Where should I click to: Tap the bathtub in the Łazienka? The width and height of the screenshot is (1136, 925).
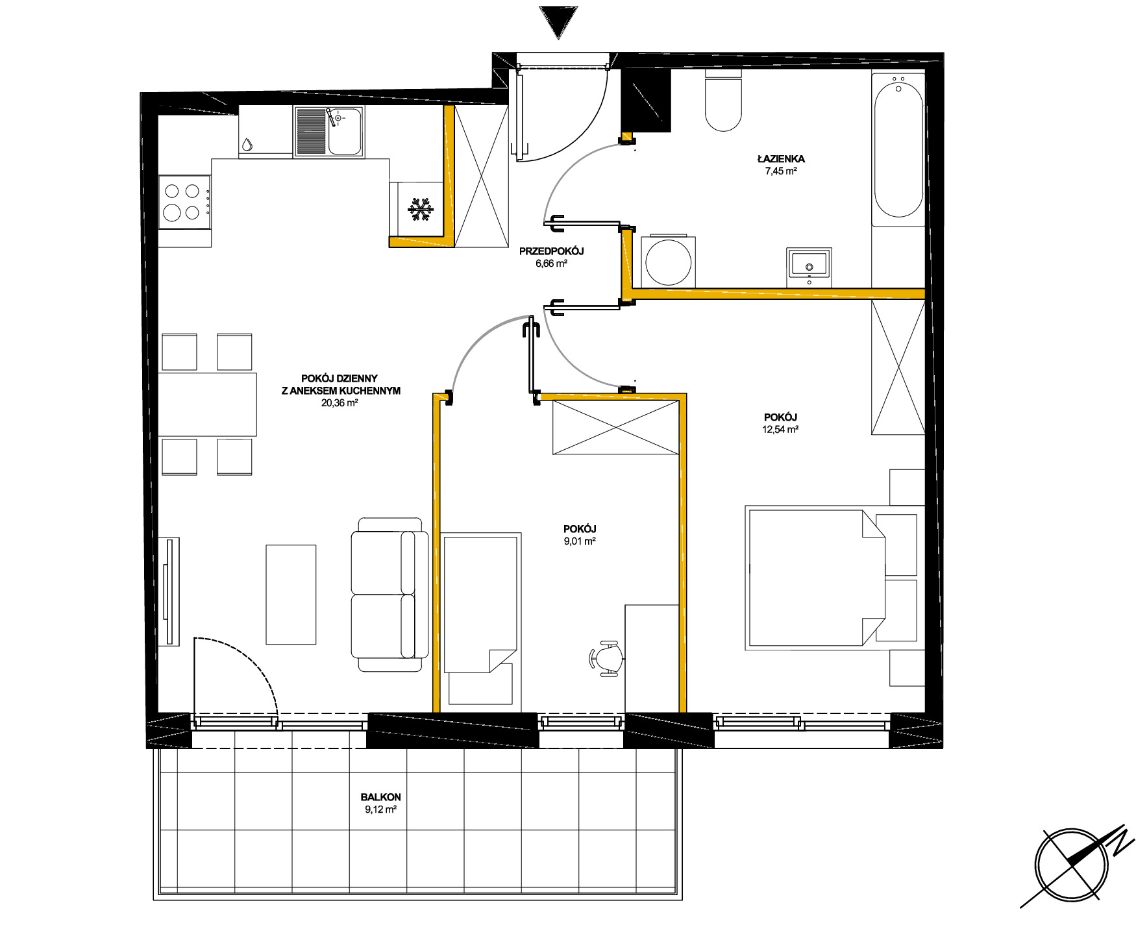click(x=898, y=150)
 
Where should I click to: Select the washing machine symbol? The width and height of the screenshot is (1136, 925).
click(x=669, y=262)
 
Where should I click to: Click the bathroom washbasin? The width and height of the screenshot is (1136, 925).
click(x=809, y=265)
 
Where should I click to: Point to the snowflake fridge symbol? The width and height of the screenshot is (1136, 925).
click(x=421, y=210)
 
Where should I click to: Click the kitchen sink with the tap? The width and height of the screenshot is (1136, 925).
click(x=328, y=132)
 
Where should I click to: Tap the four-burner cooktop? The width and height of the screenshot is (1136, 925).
click(x=184, y=202)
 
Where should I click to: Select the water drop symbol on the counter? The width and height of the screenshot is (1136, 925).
click(x=247, y=144)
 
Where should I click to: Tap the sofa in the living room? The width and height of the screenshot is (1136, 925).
click(x=389, y=595)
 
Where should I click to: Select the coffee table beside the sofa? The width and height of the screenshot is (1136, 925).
click(x=291, y=595)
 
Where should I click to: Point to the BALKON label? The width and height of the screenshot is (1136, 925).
click(x=381, y=797)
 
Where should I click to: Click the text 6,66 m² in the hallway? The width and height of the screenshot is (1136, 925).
click(x=551, y=264)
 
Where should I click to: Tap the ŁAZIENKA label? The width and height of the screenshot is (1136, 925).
click(x=781, y=158)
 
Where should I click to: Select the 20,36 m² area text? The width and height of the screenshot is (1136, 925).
click(x=340, y=402)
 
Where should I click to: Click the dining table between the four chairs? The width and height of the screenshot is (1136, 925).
click(x=208, y=404)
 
